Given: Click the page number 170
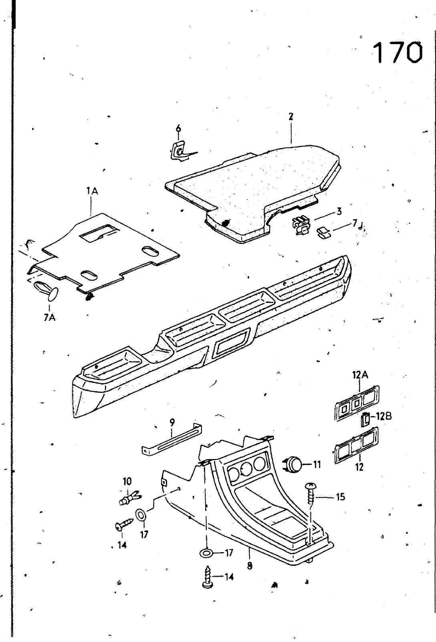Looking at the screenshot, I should tap(398, 53).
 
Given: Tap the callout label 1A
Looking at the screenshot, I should tap(92, 192).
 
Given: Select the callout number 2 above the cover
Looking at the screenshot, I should tap(291, 117).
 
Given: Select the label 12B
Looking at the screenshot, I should tap(383, 416).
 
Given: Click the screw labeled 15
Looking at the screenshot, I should tap(311, 497).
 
